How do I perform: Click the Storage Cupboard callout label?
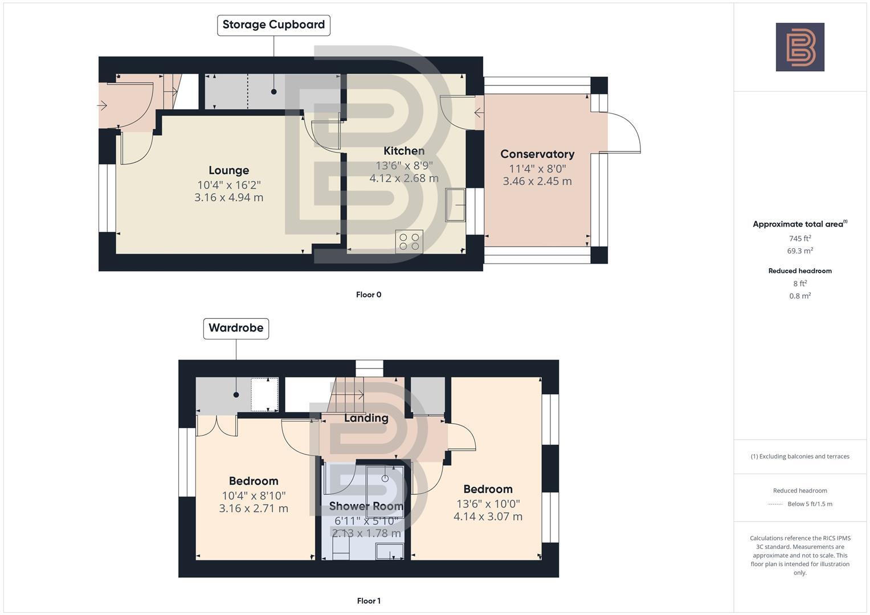pos(273,25)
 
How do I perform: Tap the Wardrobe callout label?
pos(236,328)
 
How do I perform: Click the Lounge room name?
pos(228,170)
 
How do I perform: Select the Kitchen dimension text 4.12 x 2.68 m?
pos(403,178)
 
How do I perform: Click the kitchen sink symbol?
pos(456,204)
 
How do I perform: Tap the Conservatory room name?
pos(537,154)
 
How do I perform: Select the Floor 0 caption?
pos(368,295)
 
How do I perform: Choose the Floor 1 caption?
pos(368,601)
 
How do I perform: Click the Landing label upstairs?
pos(366,418)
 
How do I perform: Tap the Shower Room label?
pos(366,506)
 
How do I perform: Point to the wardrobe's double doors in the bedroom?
pos(217,426)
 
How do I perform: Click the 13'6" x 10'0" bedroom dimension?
pos(488,504)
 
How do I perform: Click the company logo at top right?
pos(799,47)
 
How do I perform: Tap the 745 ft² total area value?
pos(799,239)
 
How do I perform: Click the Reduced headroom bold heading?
pos(799,271)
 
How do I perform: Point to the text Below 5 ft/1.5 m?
pos(809,504)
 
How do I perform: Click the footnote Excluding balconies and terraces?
pos(799,457)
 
